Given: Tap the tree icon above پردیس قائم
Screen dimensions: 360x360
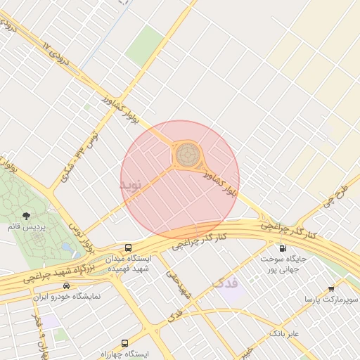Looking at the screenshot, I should pyautogui.click(x=26, y=216).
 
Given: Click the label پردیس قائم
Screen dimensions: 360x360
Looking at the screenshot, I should pyautogui.click(x=26, y=228).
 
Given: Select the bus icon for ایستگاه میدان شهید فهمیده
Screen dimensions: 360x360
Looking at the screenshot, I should pyautogui.click(x=128, y=247).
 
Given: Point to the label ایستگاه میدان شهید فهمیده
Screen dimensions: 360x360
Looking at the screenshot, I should pyautogui.click(x=128, y=264).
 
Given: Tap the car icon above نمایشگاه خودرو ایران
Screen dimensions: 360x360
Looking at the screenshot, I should pyautogui.click(x=66, y=285).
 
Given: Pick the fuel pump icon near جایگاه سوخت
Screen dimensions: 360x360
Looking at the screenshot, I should pyautogui.click(x=283, y=248).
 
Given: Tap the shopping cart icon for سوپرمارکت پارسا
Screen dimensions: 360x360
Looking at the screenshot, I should pyautogui.click(x=331, y=288).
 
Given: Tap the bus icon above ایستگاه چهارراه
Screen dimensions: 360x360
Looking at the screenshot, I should pyautogui.click(x=124, y=343).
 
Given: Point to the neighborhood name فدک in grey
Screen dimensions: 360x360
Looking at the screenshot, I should pyautogui.click(x=225, y=283).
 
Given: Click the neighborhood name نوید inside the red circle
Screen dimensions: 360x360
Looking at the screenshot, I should pyautogui.click(x=131, y=185).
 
